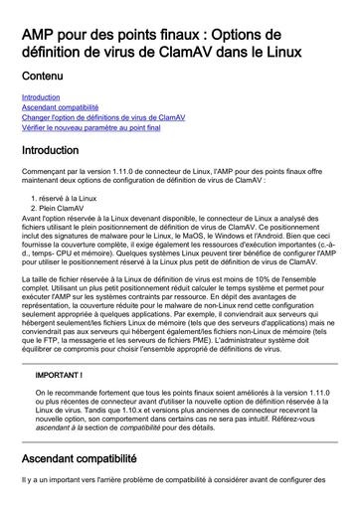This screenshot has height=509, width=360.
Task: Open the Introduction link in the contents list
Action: click(x=41, y=97)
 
